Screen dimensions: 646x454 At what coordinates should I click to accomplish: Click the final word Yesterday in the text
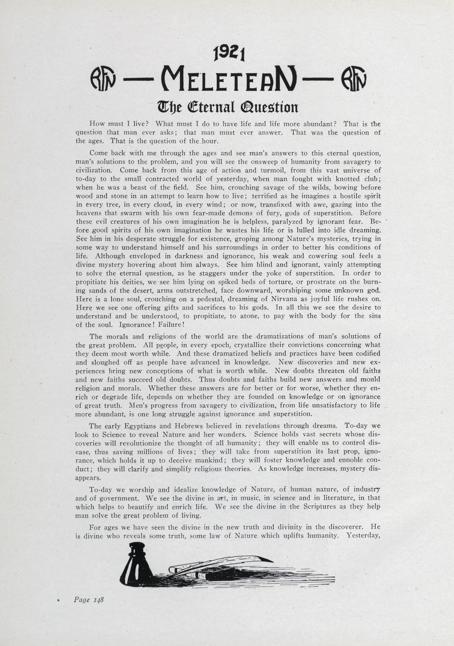pos(363,536)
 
